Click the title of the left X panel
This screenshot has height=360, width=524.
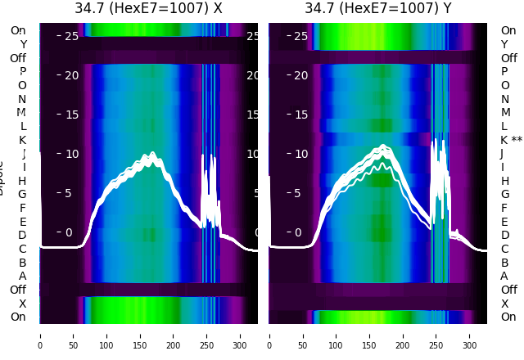pos(148,9)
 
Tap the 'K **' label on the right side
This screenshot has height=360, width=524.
pos(511,140)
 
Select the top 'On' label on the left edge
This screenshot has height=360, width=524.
pos(18,30)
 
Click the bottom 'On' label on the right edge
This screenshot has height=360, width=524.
pos(508,317)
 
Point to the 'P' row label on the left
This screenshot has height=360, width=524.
pos(22,71)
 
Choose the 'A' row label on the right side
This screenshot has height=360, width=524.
pos(504,276)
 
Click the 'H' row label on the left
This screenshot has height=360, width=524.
pos(22,181)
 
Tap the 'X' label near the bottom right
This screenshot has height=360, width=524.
pos(504,304)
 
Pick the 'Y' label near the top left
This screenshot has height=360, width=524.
pos(22,44)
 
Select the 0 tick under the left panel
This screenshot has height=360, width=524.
pos(40,335)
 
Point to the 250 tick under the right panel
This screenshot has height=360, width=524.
pos(436,335)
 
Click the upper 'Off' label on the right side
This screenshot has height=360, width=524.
pos(508,58)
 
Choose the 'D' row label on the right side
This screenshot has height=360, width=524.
pos(504,235)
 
